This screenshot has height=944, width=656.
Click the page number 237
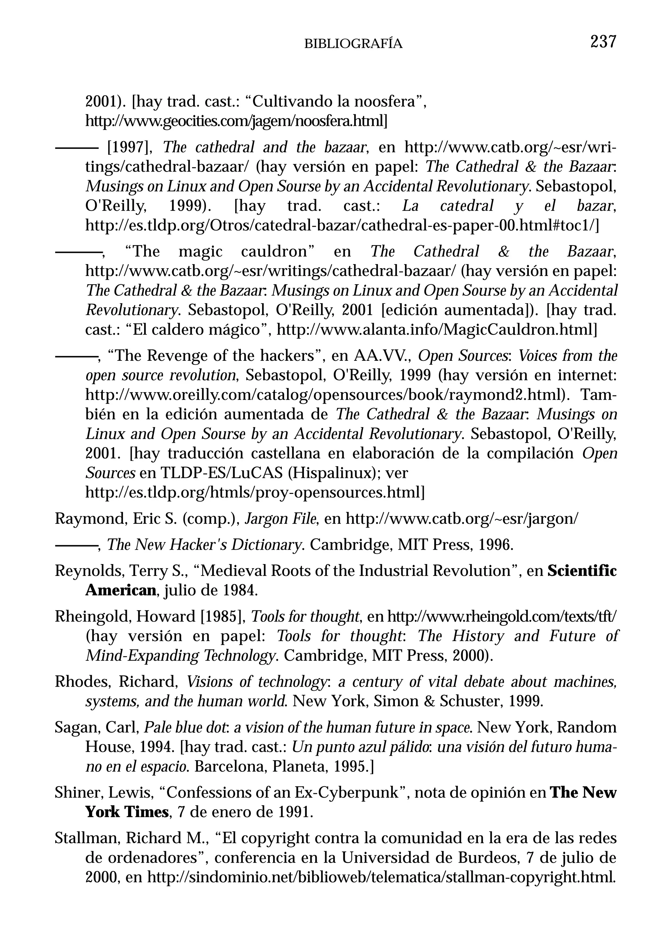pos(603,42)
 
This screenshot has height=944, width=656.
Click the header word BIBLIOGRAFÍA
pos(353,44)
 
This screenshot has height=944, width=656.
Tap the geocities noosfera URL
pos(236,121)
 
